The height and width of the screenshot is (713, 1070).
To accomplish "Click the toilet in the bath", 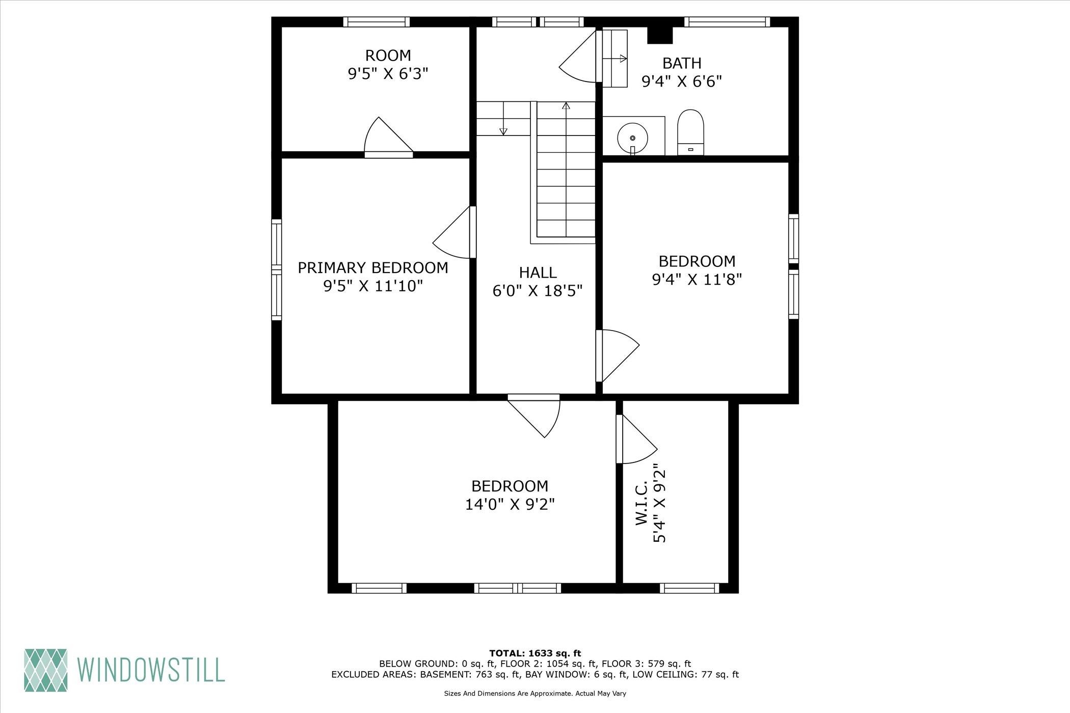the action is (690, 132).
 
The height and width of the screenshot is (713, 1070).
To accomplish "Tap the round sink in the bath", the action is (632, 138).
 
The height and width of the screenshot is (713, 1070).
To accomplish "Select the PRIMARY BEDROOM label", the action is (373, 268).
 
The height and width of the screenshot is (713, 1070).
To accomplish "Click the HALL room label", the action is (538, 272).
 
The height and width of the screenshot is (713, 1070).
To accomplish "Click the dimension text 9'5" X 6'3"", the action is (388, 74).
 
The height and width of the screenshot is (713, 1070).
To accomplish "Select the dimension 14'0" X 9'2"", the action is (510, 505).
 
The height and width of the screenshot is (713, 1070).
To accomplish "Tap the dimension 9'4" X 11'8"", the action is (697, 280).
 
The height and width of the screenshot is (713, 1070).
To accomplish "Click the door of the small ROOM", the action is (388, 138).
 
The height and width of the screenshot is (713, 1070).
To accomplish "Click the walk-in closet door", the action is (636, 439).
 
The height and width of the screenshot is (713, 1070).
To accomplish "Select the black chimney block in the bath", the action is (660, 35).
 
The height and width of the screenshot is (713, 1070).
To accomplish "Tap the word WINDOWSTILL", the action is (151, 670).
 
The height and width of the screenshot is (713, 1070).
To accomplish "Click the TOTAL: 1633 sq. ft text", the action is (535, 653).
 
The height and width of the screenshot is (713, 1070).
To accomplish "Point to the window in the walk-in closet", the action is (689, 588).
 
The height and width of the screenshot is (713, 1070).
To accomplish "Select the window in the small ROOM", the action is (377, 22).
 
